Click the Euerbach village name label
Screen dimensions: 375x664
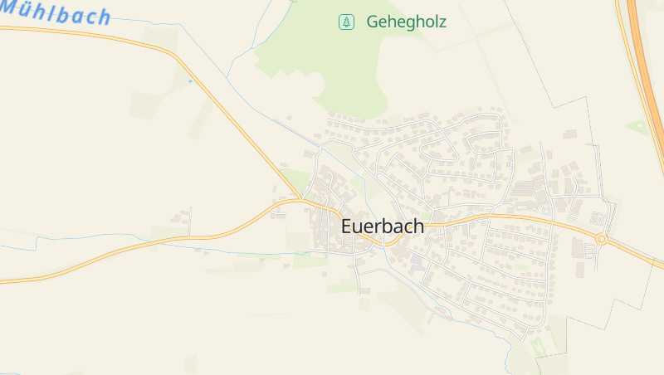tap(382, 226)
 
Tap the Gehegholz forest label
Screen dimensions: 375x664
tap(406, 22)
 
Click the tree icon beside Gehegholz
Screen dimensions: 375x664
tap(346, 22)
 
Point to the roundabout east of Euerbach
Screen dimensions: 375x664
tap(602, 239)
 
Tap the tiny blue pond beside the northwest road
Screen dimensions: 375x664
tap(190, 81)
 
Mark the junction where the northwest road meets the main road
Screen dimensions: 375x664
tap(301, 200)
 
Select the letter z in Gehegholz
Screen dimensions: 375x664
tap(441, 22)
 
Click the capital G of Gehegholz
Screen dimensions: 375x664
tap(373, 22)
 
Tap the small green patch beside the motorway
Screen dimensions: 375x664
tap(637, 126)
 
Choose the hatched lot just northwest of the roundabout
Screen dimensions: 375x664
tap(597, 219)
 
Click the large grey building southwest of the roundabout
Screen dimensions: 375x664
tap(578, 248)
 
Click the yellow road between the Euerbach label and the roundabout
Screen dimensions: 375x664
tap(515, 219)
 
